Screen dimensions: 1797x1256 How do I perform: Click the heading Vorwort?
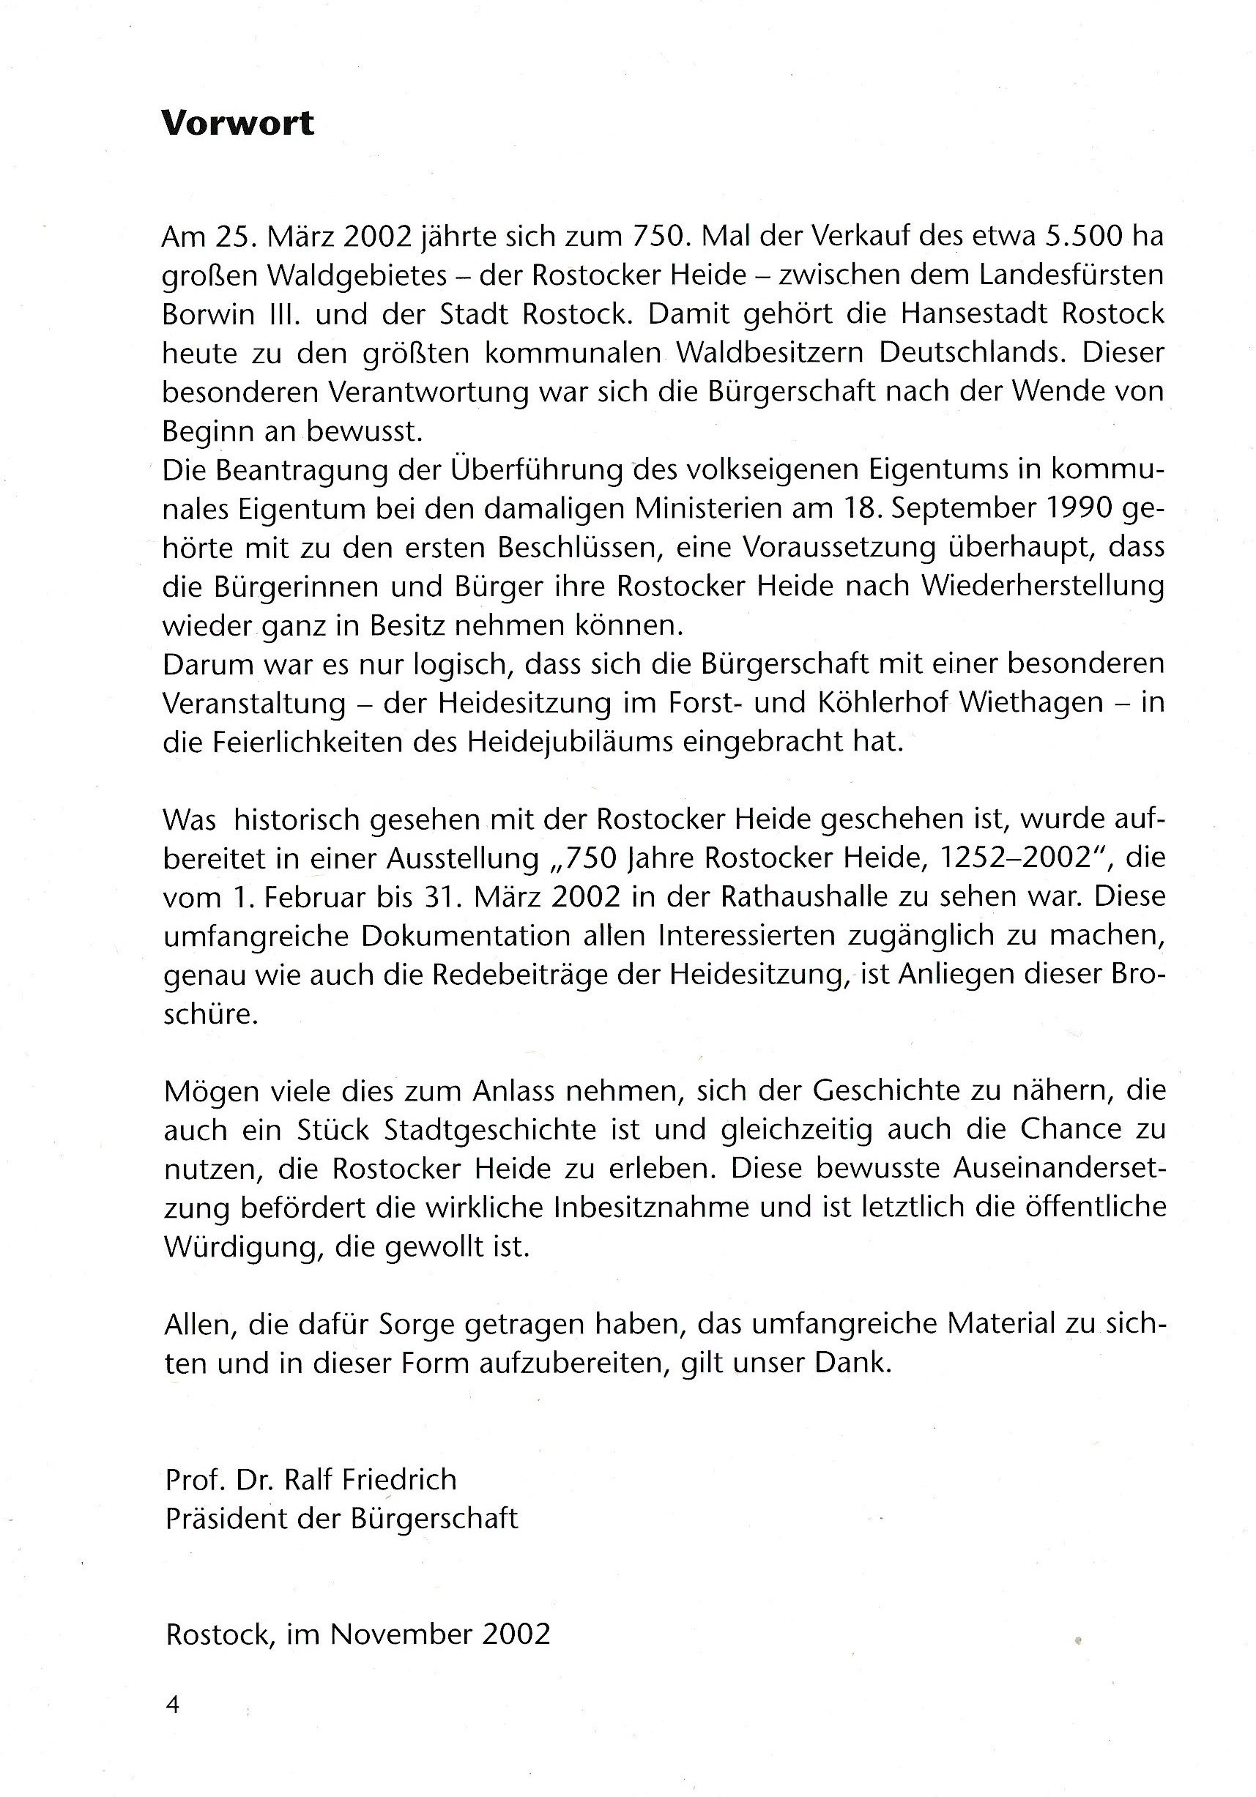pos(237,124)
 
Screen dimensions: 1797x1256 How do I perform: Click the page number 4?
pos(173,1705)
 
